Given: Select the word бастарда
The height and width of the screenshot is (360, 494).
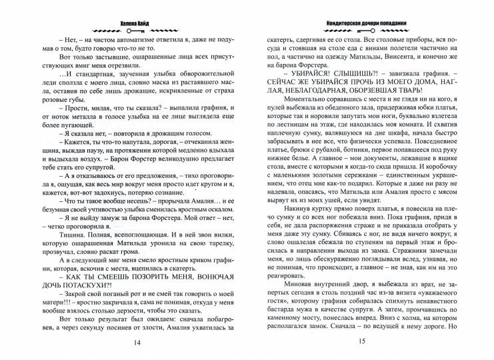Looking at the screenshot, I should click(x=281, y=287).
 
